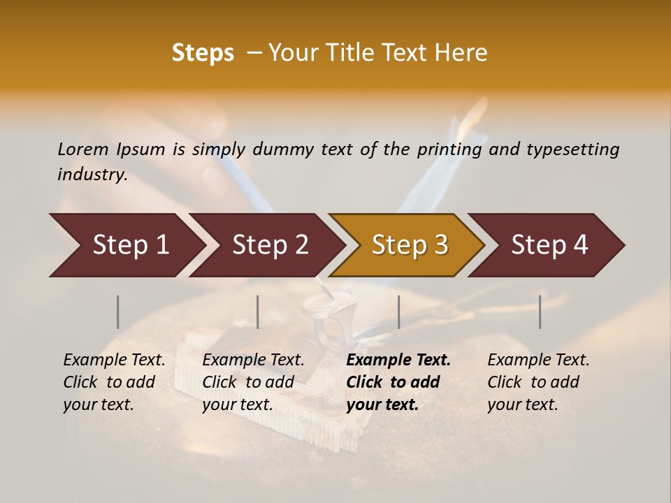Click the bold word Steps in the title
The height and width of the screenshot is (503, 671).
coord(203,53)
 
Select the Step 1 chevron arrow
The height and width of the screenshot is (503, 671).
coord(126,245)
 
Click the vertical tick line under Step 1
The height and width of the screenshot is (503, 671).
coord(118,312)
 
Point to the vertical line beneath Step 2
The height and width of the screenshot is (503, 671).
coord(258,312)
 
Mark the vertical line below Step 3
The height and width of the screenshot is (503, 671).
coord(398,312)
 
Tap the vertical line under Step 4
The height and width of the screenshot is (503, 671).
coord(540,312)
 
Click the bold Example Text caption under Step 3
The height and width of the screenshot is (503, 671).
coord(398,382)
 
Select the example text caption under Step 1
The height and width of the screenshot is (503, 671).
coord(114,382)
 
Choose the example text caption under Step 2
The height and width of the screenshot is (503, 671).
coord(253,382)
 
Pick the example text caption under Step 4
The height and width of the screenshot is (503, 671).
coord(538,382)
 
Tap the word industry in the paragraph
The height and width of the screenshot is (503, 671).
coord(92,175)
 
